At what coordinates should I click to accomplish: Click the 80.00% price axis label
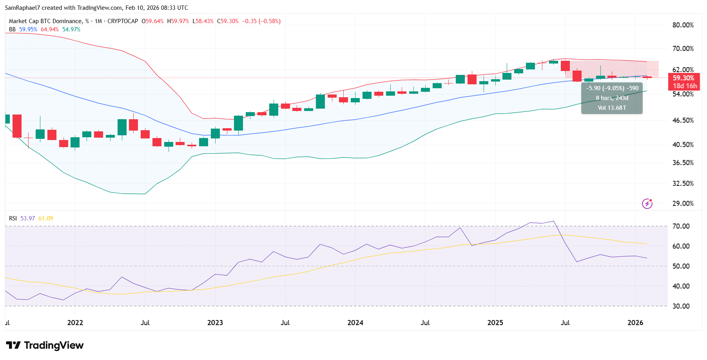click(x=683, y=25)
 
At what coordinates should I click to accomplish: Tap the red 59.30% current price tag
click(x=683, y=78)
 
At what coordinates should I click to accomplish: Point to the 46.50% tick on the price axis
click(x=683, y=120)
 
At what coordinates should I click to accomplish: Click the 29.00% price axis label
click(x=683, y=204)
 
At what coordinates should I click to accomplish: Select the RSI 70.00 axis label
click(x=681, y=226)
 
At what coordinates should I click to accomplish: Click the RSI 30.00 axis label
click(x=681, y=306)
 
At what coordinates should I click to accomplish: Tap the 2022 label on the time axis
click(x=75, y=323)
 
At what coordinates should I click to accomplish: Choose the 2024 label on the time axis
click(x=355, y=323)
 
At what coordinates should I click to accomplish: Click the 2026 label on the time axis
click(x=635, y=323)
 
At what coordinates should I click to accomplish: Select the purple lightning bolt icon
click(x=647, y=204)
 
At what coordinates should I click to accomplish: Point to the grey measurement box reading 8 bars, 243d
click(x=612, y=98)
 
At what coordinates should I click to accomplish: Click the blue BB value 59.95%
click(x=28, y=29)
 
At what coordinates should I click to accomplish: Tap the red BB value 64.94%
click(x=50, y=29)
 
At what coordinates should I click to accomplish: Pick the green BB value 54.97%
click(x=71, y=29)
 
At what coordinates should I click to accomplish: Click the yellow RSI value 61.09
click(x=45, y=218)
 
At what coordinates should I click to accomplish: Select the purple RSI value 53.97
click(x=27, y=218)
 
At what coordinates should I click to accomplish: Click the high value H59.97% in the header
click(x=178, y=21)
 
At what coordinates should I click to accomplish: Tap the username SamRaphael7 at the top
click(x=22, y=8)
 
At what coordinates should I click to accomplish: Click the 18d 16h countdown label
click(x=685, y=86)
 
